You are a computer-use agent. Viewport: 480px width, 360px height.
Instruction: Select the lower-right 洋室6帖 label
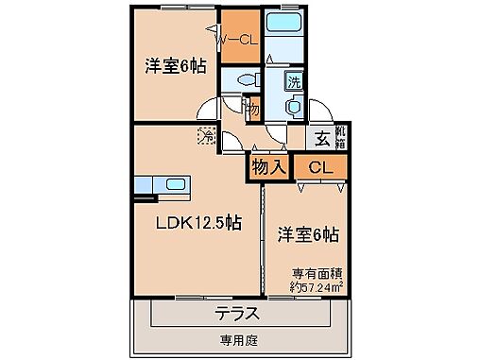click(x=308, y=232)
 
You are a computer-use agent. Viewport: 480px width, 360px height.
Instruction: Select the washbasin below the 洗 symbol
click(x=294, y=109)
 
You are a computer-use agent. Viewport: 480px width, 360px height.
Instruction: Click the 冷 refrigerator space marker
click(x=205, y=137)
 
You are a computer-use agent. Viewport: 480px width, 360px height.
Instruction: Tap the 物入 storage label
click(x=268, y=167)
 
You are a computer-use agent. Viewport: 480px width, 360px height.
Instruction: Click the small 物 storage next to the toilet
click(x=252, y=109)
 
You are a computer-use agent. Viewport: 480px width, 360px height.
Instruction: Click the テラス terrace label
click(x=235, y=313)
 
